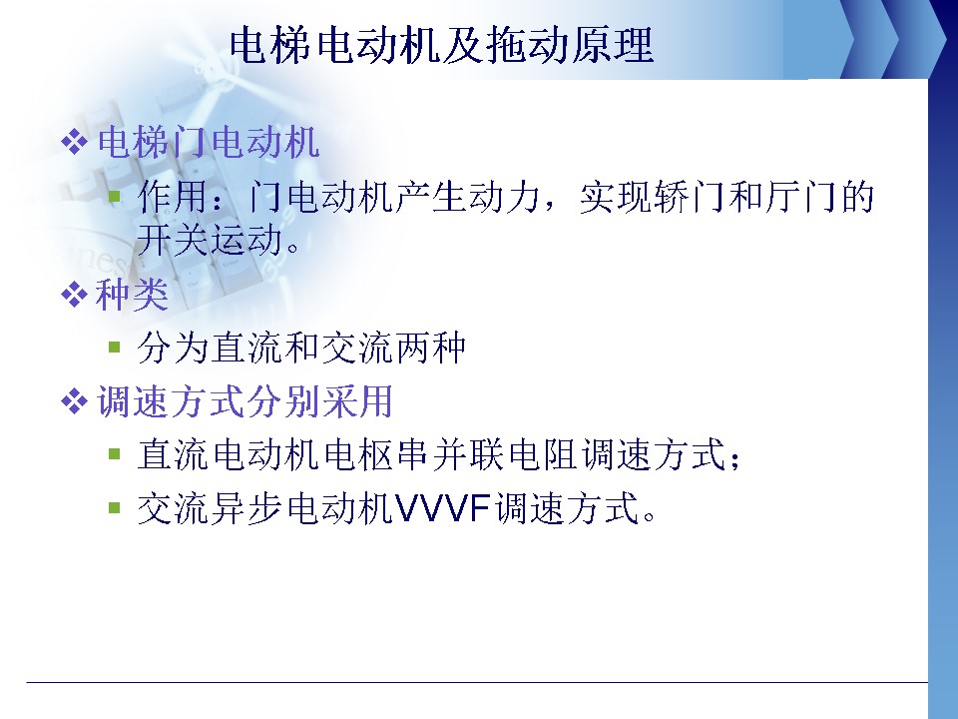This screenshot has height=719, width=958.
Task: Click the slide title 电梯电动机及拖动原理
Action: click(441, 45)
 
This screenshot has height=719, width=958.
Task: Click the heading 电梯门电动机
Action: click(209, 143)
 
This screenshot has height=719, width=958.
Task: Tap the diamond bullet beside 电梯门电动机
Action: click(74, 143)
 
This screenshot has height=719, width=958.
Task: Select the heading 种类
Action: click(132, 295)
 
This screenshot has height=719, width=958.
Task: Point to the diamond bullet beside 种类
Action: click(74, 295)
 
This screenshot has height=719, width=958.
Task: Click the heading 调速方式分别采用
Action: click(244, 401)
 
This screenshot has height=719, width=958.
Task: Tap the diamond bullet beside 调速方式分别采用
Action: click(74, 401)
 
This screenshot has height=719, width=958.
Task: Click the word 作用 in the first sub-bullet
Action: click(173, 197)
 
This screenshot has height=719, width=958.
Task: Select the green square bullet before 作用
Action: click(114, 197)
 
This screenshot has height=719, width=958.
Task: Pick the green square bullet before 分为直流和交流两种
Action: click(114, 348)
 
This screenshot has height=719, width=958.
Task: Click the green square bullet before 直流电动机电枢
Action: click(114, 454)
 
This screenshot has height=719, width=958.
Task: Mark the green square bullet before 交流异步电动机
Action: click(114, 507)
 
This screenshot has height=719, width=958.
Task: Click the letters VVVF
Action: click(443, 508)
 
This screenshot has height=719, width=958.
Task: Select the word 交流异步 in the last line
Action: click(210, 508)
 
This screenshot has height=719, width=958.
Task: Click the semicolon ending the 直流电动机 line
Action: click(735, 459)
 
